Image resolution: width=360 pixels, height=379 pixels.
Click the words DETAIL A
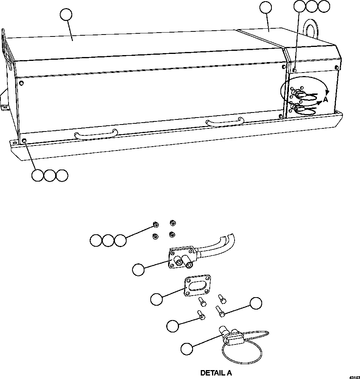pos(216,373)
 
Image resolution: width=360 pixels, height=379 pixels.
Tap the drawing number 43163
pos(354,376)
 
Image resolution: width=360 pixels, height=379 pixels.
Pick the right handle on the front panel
pos(225,122)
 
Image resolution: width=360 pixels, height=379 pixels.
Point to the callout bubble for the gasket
pos(157,299)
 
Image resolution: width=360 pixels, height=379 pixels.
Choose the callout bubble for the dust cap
pos(187,348)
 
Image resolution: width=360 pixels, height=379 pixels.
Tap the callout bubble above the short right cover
pos(266,7)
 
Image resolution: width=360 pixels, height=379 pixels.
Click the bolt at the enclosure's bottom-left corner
pos(24,140)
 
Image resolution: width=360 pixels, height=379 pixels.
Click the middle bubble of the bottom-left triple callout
pos(50,175)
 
